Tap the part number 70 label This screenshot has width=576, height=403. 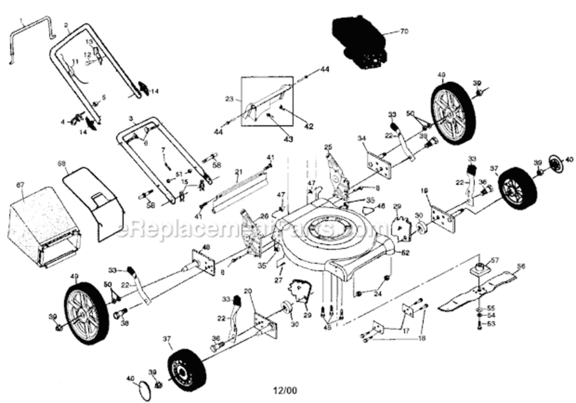(404, 32)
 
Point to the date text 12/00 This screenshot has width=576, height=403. (285, 391)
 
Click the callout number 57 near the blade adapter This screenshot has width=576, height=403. (495, 260)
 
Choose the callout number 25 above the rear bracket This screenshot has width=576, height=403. (328, 147)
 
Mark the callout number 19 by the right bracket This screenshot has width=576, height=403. (425, 191)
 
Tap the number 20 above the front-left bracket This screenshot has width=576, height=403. (248, 291)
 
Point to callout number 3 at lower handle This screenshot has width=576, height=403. (131, 118)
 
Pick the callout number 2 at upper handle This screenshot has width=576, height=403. (66, 25)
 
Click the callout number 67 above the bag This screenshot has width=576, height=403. (20, 185)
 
